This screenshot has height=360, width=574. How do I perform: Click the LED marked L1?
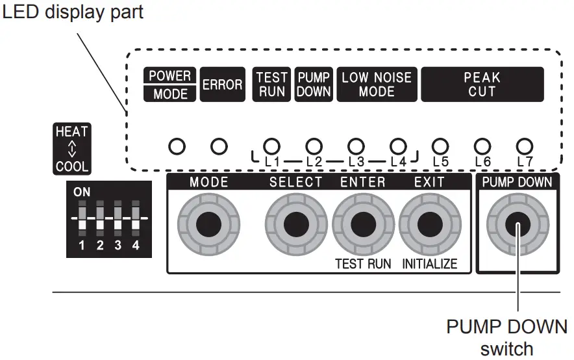[272, 145]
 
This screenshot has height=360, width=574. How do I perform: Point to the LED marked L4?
[398, 145]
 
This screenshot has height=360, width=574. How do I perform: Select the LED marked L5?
[440, 145]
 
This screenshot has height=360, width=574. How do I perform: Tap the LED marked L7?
[524, 145]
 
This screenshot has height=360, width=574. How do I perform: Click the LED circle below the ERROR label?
[219, 146]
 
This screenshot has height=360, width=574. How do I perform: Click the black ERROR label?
[222, 84]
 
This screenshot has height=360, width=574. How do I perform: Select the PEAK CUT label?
[482, 84]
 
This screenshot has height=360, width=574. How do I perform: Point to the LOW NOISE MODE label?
[377, 84]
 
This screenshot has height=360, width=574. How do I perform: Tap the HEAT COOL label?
[71, 149]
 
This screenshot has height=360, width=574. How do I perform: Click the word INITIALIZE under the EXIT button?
[429, 264]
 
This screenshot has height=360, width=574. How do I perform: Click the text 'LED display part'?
[72, 12]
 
